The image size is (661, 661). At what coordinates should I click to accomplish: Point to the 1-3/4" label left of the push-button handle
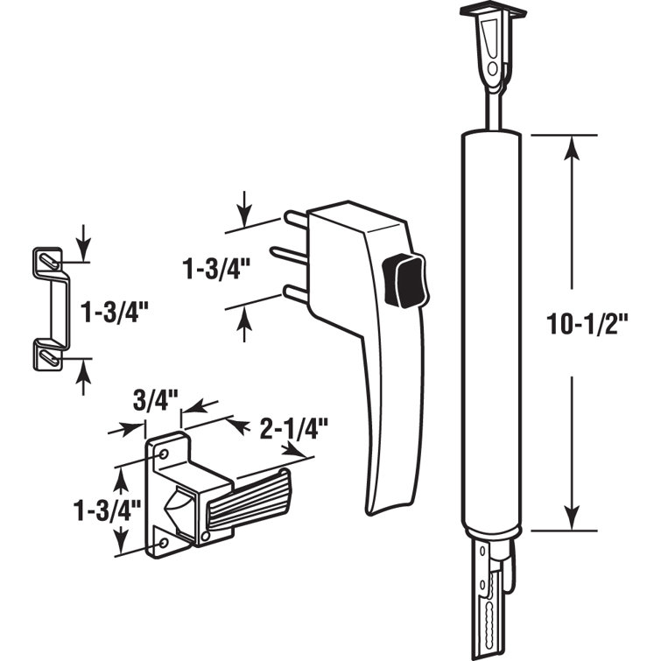point(211,268)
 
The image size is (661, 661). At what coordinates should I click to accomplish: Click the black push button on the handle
point(403,279)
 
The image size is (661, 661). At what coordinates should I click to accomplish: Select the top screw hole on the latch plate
point(163,454)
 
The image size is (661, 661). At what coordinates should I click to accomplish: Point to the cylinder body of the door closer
point(490,333)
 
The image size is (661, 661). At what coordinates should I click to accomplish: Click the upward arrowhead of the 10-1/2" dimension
point(571,151)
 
